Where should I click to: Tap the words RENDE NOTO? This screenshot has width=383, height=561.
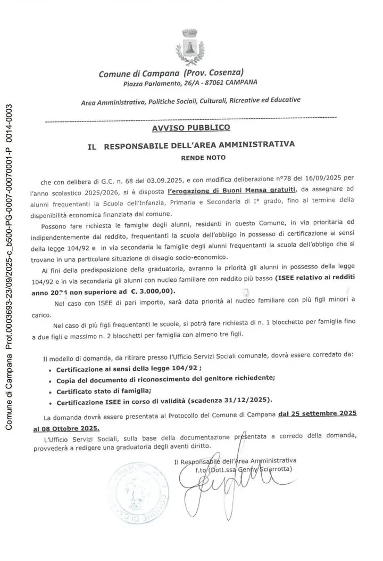tap(203, 157)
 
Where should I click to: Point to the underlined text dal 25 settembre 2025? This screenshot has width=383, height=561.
tap(317, 414)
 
